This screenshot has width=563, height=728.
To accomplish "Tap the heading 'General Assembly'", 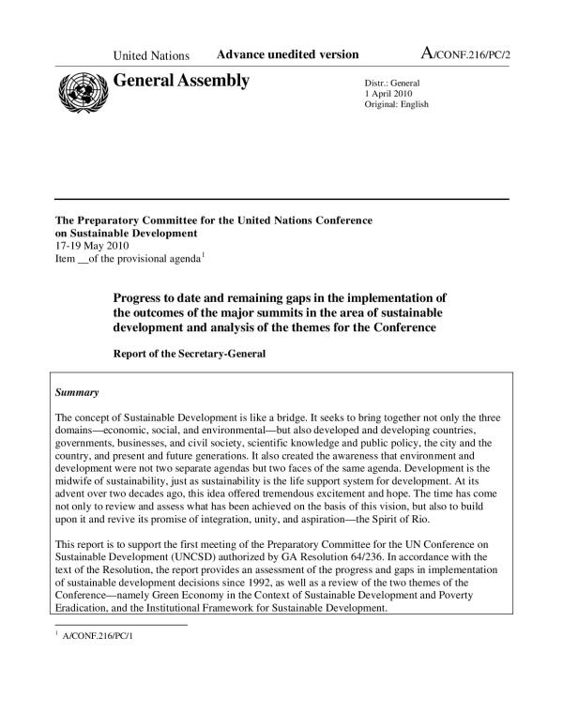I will point(181,81).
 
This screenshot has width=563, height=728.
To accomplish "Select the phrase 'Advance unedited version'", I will point(287,55).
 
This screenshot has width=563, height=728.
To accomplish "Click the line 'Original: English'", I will point(396,104).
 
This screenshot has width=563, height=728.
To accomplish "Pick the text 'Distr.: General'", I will point(392,82).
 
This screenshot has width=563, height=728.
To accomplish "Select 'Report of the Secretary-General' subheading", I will point(189,355).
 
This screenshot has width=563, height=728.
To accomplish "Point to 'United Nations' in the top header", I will point(151,56).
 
